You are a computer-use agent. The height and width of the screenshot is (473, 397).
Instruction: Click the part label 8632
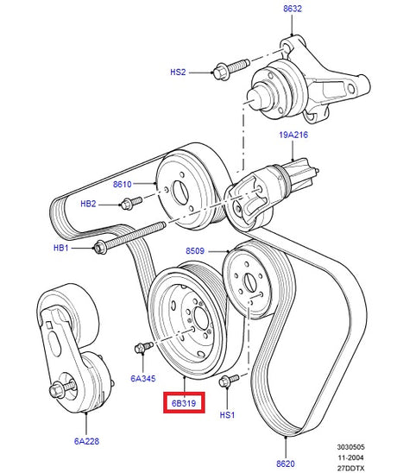click(292, 9)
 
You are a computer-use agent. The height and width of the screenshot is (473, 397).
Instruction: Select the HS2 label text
click(178, 73)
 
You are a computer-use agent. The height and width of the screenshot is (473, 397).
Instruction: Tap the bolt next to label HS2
click(231, 69)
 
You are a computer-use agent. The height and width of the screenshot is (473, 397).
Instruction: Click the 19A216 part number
click(293, 135)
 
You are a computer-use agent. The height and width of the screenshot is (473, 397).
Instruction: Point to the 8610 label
click(123, 184)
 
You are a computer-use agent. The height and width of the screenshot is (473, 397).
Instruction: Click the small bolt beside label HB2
click(131, 203)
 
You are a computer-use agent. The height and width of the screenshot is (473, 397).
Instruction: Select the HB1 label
click(61, 248)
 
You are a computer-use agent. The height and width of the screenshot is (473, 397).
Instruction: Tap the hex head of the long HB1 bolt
click(100, 247)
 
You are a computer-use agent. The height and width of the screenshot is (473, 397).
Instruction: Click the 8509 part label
click(195, 250)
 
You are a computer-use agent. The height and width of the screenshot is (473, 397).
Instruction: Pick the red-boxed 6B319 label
click(184, 403)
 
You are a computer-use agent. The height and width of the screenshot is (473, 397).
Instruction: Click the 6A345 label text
click(143, 378)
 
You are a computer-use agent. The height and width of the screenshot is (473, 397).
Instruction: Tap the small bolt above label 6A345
click(143, 347)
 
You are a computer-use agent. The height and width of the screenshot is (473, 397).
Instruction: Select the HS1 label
click(227, 415)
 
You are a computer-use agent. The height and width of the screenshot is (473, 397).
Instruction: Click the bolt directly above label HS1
click(229, 380)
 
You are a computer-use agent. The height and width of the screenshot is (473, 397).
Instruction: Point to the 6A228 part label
click(86, 441)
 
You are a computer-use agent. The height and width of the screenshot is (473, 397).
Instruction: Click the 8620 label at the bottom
click(286, 464)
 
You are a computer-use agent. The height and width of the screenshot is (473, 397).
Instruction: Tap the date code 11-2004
click(350, 457)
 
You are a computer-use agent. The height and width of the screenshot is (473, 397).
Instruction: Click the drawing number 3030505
click(350, 447)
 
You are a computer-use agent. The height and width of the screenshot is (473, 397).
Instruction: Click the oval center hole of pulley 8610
click(180, 192)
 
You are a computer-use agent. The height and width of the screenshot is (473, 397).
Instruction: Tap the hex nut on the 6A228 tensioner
click(56, 391)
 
